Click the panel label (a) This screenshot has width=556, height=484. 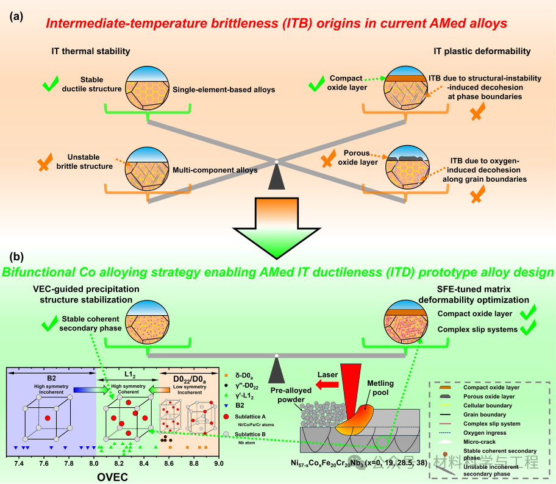point(16,16)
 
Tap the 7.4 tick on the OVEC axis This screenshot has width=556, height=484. point(19,463)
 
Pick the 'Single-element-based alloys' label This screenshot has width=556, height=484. point(224,90)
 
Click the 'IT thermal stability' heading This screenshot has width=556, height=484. point(91,51)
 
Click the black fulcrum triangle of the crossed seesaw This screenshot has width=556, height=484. point(276,177)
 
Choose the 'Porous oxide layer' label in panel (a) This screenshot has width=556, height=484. point(358,157)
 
